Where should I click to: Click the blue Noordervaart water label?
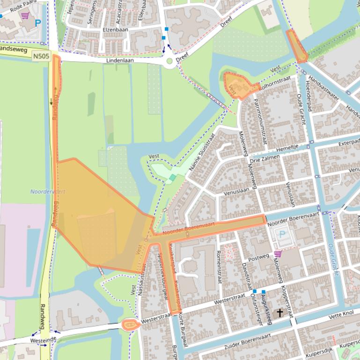click(48, 192)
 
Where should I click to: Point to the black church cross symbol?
click(280, 312)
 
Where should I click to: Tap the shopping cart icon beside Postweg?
click(278, 254)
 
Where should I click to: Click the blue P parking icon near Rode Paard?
click(38, 22)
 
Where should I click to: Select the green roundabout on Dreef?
click(169, 61)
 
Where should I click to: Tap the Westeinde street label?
click(40, 341)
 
